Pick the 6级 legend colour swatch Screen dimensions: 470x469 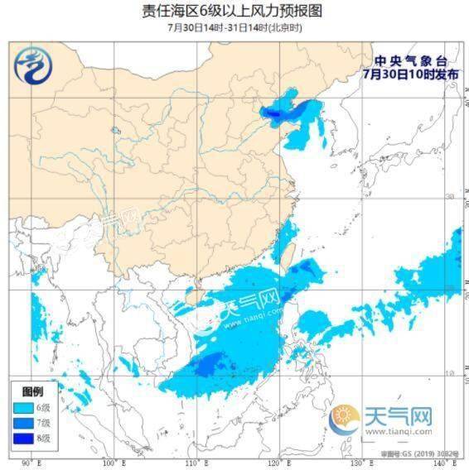(x=24, y=407)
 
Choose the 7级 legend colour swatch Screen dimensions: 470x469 (x=24, y=422)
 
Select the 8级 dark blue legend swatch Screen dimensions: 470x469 (x=24, y=437)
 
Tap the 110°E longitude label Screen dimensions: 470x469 (x=196, y=462)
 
